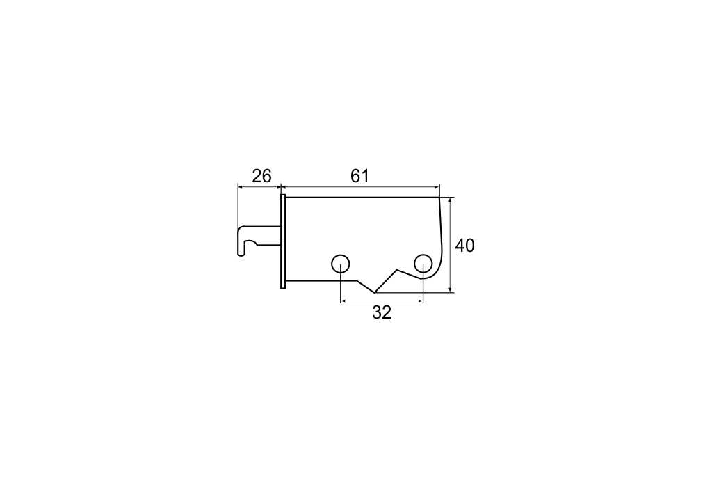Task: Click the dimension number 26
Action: point(261,175)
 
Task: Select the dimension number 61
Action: point(359,175)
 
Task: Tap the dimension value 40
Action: point(464,246)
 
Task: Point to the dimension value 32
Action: point(382,312)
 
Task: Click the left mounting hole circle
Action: point(340,263)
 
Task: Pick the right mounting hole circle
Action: point(423,263)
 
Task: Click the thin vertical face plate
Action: point(283,241)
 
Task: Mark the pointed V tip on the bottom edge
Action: point(375,293)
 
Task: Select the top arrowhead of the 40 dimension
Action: point(450,200)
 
